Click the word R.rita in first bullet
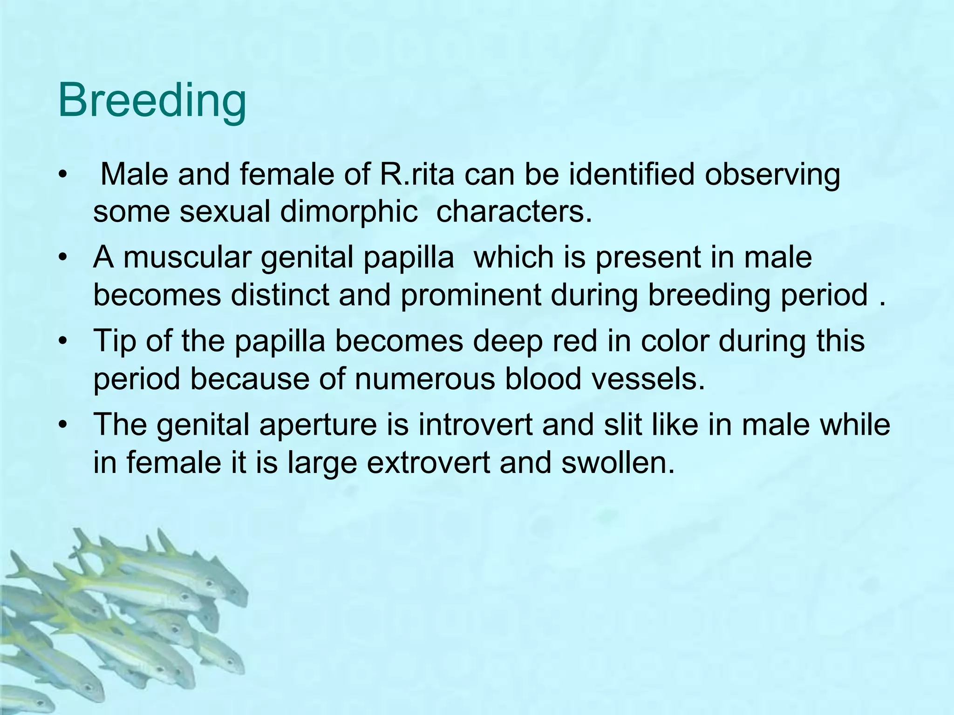[417, 175]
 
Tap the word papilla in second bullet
[408, 257]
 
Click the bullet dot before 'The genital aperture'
[63, 425]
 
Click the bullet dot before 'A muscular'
[63, 257]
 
